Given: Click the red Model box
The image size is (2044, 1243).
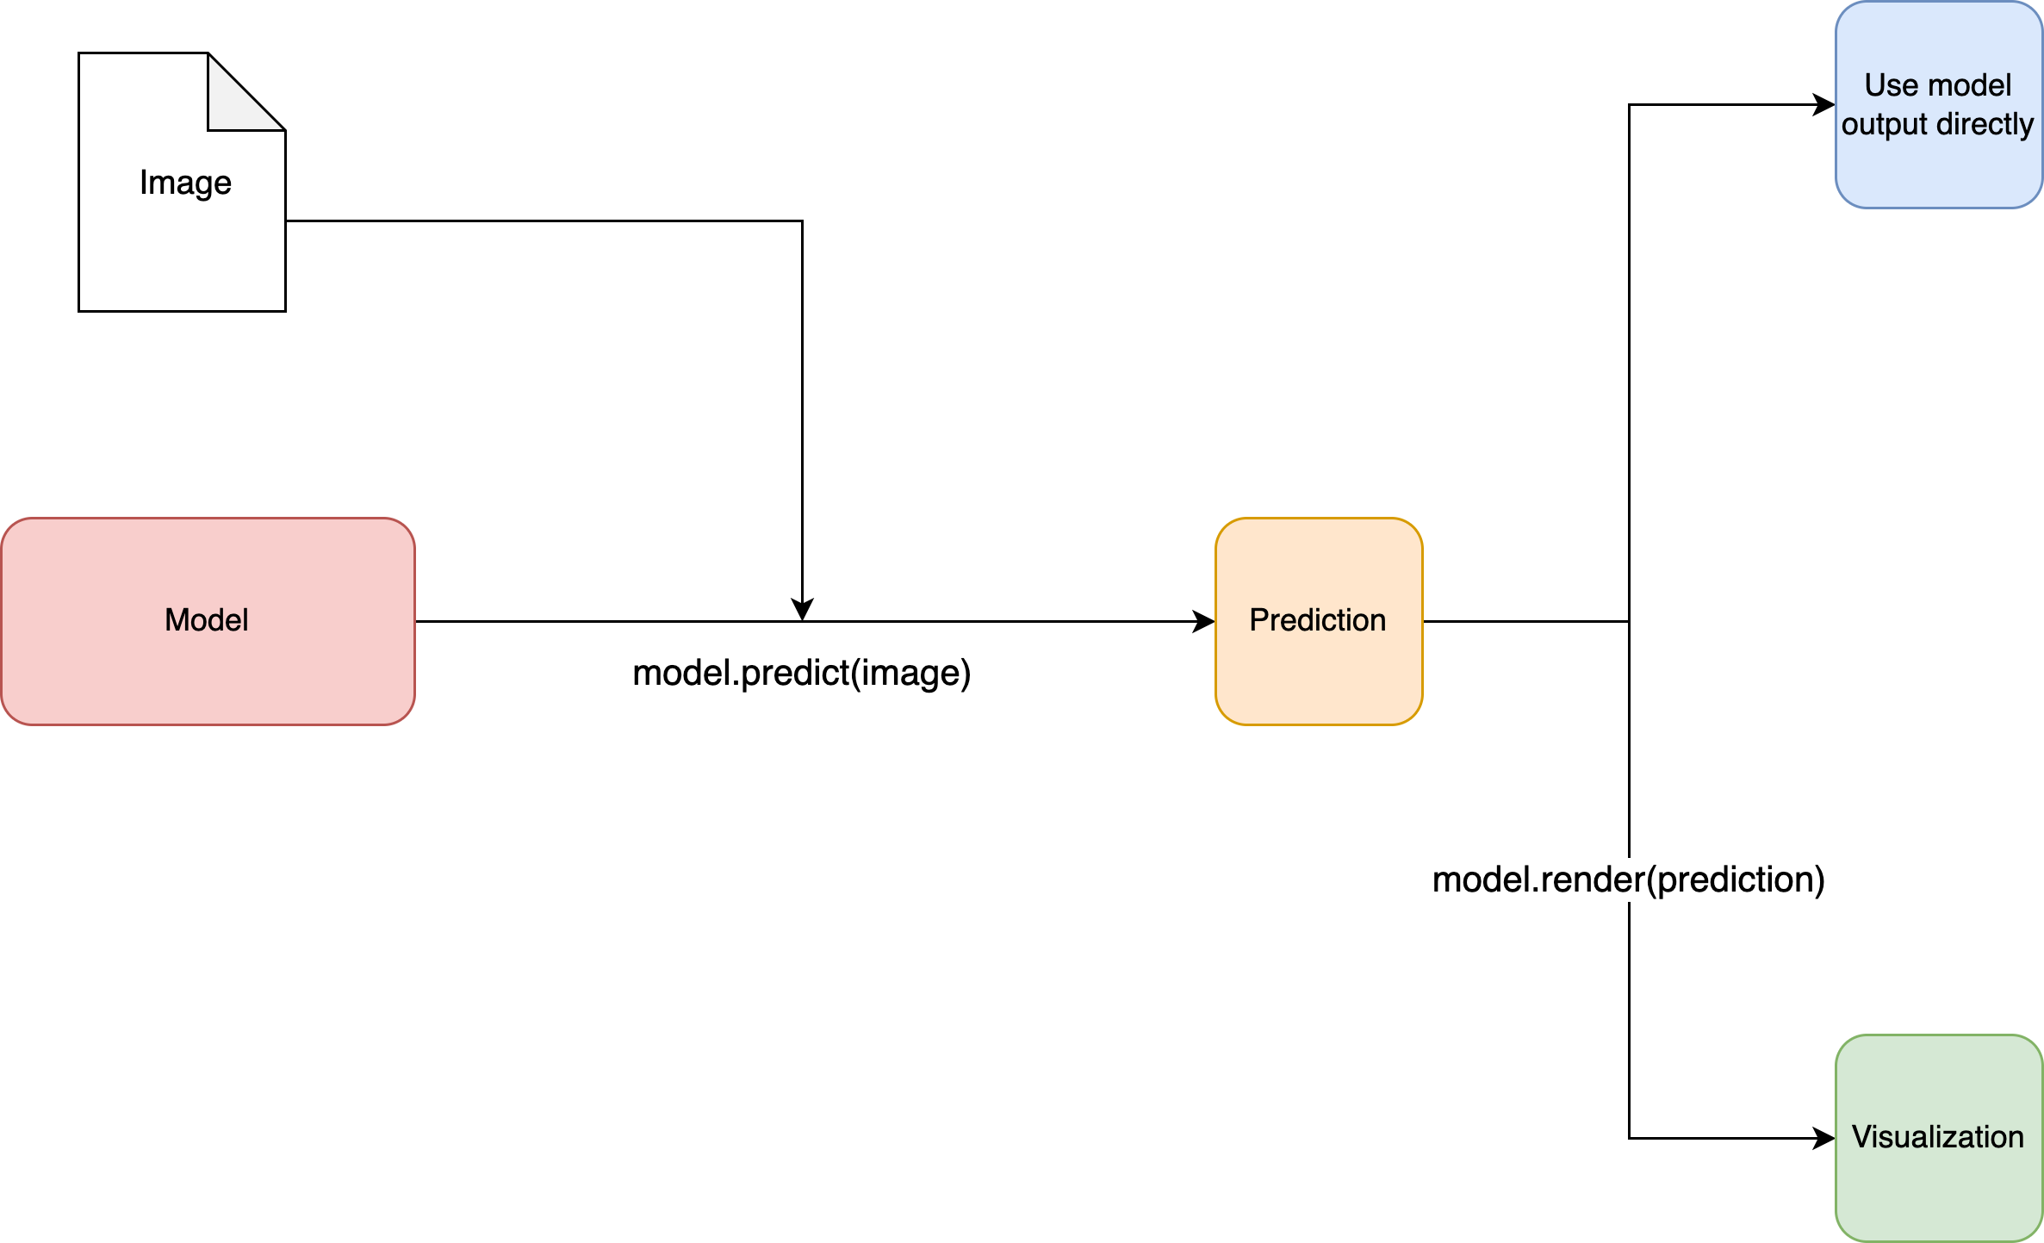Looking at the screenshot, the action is point(208,621).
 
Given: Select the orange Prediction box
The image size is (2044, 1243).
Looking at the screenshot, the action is point(1319,621).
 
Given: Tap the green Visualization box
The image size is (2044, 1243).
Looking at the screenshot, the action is point(1939,1138).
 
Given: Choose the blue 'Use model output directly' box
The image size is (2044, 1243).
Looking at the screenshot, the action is point(1939,104).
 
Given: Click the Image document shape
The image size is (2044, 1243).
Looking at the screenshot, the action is point(182,182).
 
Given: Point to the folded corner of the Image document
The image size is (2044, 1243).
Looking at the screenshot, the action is point(245,92).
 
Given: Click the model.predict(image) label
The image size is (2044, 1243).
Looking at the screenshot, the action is point(802,673).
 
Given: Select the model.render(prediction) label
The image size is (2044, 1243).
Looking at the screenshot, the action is point(1629,879).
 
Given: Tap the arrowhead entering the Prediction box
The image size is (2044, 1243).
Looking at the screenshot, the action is point(1204,621).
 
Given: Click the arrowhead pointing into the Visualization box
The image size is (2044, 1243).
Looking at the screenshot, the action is point(1824,1138).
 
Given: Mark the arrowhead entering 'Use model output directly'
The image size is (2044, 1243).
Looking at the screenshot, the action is point(1824,104).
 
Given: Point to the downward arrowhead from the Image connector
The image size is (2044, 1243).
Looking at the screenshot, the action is point(802,610).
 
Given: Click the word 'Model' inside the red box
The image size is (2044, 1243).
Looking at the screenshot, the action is point(207,620).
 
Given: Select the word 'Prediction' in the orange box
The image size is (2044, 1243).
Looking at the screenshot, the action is point(1318,620).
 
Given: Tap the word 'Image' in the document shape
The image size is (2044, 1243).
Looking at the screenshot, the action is point(185,183).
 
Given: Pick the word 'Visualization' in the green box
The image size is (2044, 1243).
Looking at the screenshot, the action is point(1938,1137).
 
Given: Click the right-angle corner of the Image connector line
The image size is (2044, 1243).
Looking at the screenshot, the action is point(802,221).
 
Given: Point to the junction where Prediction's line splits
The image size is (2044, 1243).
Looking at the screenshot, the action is point(1629,621).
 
